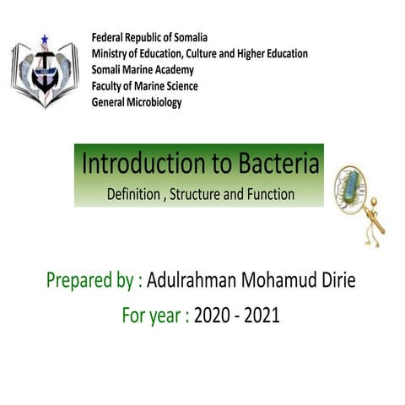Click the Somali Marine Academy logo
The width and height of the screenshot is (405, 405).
(x=43, y=72)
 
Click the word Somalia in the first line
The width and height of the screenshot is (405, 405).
(x=187, y=39)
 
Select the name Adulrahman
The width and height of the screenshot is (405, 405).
(x=197, y=280)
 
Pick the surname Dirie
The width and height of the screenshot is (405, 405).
(x=336, y=280)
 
